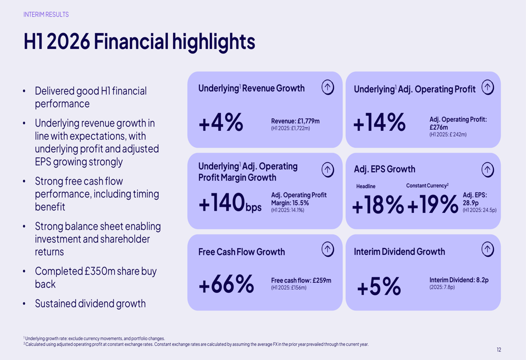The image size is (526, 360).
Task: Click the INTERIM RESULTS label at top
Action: click(x=46, y=14)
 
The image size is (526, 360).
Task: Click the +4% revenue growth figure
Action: click(x=221, y=122)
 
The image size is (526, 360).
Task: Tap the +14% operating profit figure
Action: click(x=379, y=122)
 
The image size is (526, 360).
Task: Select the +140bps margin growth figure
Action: click(x=230, y=202)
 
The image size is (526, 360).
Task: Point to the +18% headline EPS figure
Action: click(x=378, y=204)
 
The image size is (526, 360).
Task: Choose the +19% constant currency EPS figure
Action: click(x=433, y=204)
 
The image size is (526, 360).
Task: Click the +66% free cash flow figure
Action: click(x=226, y=284)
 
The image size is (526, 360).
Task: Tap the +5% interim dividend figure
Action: click(x=379, y=286)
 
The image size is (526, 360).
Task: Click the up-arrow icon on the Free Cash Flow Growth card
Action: click(x=328, y=249)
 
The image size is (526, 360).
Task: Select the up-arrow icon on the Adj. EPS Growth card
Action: click(x=488, y=170)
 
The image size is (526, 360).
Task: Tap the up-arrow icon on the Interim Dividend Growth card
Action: click(x=488, y=249)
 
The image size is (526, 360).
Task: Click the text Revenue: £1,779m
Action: click(x=295, y=121)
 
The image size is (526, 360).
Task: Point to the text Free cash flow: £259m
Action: click(x=301, y=280)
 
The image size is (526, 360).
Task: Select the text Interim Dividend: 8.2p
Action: click(x=459, y=280)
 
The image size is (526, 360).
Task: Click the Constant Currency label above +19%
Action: click(x=427, y=186)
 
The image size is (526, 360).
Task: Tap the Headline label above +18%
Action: click(x=366, y=186)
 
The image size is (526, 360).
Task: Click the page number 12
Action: click(x=499, y=349)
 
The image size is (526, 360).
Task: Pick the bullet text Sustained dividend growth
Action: click(x=90, y=303)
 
